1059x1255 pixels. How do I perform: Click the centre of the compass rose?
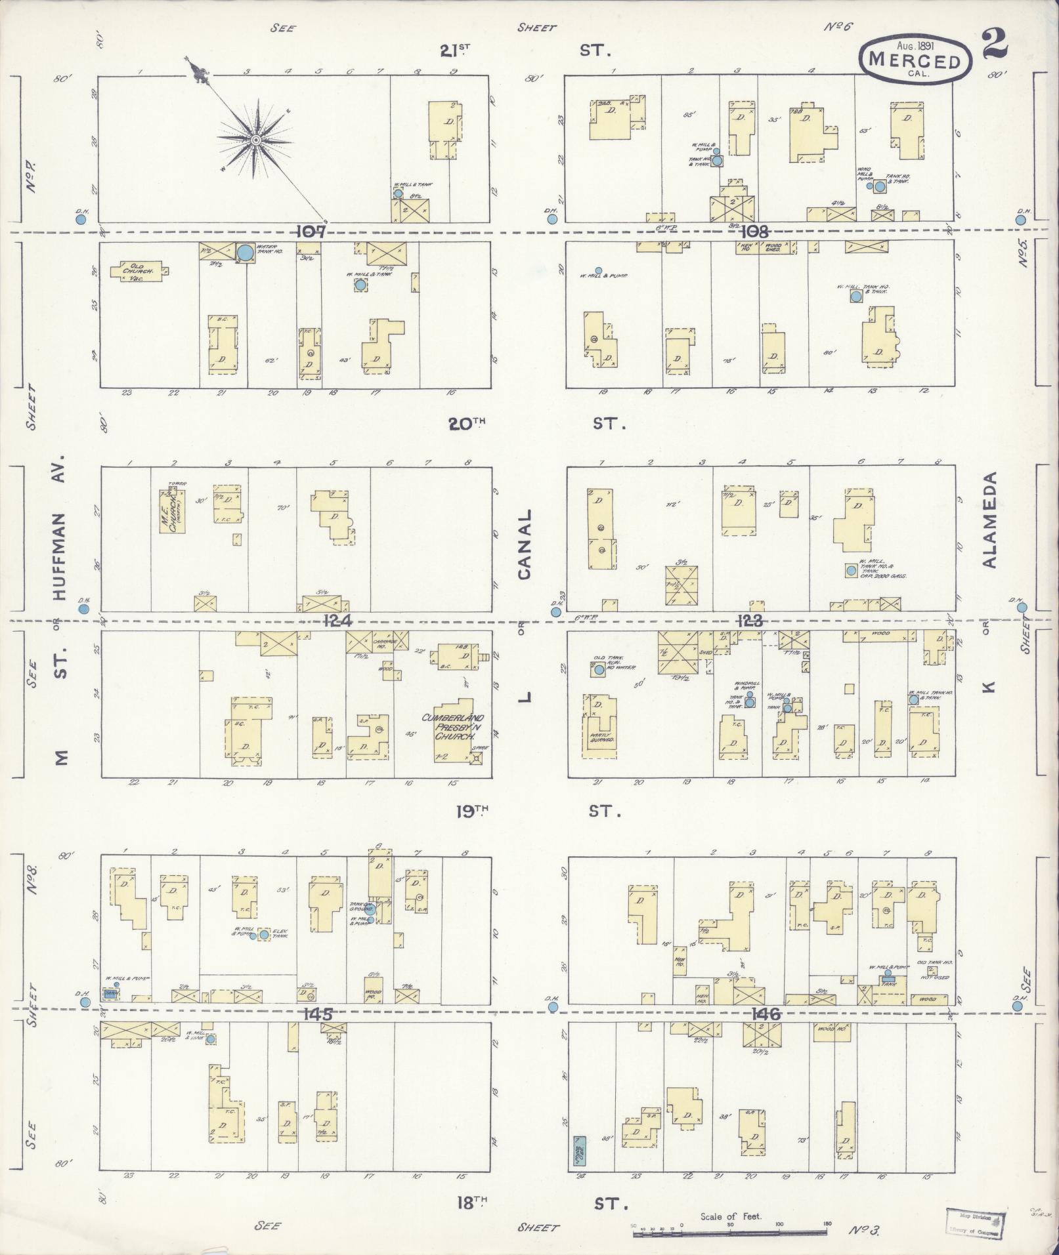256,140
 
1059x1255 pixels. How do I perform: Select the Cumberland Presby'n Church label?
457,727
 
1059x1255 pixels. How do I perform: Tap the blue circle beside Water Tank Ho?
246,252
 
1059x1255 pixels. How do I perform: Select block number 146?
766,1014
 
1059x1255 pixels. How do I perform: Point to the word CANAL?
523,545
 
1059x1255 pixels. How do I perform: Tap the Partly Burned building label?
601,739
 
